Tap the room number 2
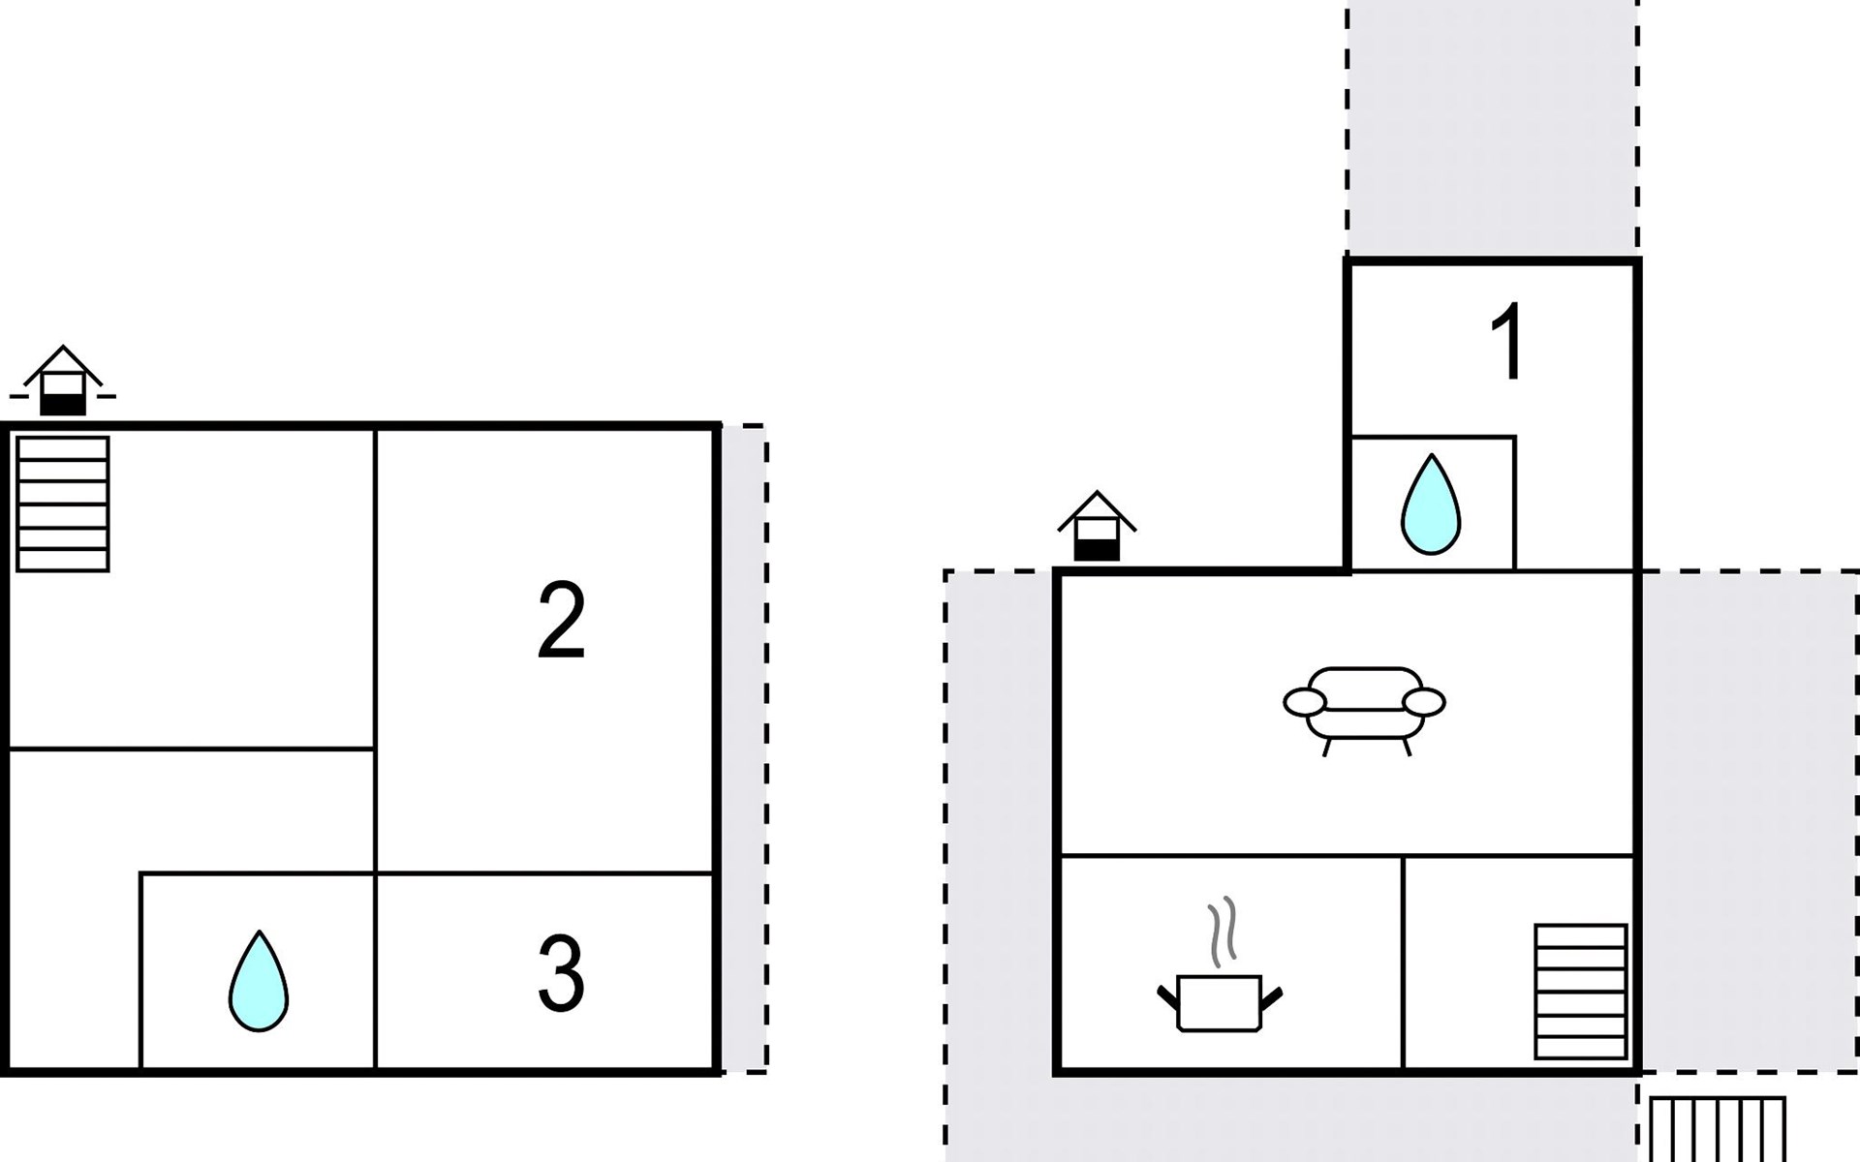[561, 620]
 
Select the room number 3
[561, 973]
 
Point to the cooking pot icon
[1220, 1003]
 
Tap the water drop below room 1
[1431, 505]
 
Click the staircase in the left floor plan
[63, 505]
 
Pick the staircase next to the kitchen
[1580, 992]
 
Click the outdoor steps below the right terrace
[1717, 1129]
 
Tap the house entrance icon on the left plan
[63, 382]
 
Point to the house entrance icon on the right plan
[1097, 527]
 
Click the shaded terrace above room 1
[1492, 126]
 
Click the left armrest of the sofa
[1304, 702]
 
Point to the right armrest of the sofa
[1424, 702]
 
